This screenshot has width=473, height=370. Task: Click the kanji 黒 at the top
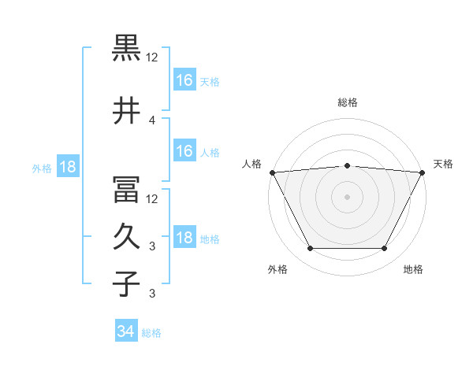126,48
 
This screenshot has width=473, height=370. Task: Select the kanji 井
126,110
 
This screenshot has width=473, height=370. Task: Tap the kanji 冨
126,190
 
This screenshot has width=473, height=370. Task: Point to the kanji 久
126,236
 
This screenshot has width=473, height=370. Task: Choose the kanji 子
126,283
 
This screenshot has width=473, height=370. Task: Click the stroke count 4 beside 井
152,120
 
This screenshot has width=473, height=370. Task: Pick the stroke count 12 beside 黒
151,57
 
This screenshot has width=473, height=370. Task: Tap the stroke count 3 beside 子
152,293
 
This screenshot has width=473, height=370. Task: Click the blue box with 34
126,330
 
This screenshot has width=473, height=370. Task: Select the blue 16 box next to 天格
185,80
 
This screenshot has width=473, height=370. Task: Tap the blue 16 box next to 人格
185,150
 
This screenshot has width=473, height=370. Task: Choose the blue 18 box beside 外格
68,166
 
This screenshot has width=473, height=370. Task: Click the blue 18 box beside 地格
185,236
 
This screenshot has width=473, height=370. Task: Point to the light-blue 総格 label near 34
151,333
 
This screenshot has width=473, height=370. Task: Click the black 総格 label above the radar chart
348,102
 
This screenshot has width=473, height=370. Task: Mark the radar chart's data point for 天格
423,172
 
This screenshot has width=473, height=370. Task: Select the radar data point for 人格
273,172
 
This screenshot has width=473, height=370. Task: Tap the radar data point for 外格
311,248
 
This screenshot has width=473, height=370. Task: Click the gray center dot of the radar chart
347,197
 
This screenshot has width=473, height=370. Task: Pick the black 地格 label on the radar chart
413,269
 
